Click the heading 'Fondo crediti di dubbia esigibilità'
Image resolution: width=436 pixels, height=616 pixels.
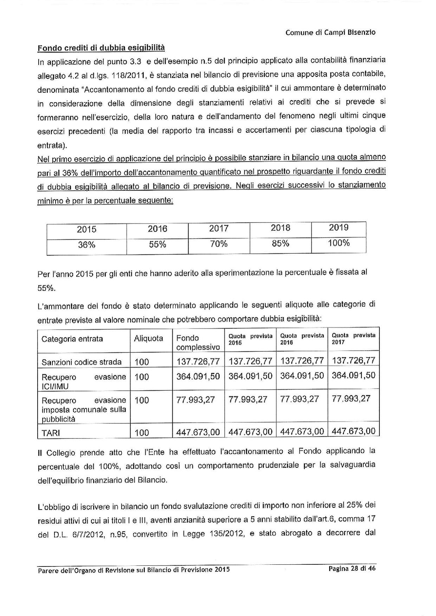tap(101, 47)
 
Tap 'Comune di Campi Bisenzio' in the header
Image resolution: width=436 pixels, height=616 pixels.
tap(330, 33)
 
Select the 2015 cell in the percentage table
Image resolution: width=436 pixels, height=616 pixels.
tap(86, 229)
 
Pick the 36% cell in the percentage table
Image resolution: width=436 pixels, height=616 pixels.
tap(86, 245)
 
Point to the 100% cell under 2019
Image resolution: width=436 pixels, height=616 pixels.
tap(339, 243)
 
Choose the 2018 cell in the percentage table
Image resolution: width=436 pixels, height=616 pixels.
tap(280, 228)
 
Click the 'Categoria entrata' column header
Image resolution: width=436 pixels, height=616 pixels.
tap(72, 339)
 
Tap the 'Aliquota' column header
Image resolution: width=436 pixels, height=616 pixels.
tap(148, 338)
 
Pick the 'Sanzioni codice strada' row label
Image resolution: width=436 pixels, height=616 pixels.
tap(82, 362)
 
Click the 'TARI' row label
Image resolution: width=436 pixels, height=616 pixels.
tap(51, 433)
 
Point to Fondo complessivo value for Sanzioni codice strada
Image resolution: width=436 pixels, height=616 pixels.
tap(198, 361)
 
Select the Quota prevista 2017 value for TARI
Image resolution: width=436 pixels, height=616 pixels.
tap(353, 431)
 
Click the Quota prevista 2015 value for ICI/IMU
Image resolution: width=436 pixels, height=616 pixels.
tap(250, 376)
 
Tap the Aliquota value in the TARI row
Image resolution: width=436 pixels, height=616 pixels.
tap(142, 433)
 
